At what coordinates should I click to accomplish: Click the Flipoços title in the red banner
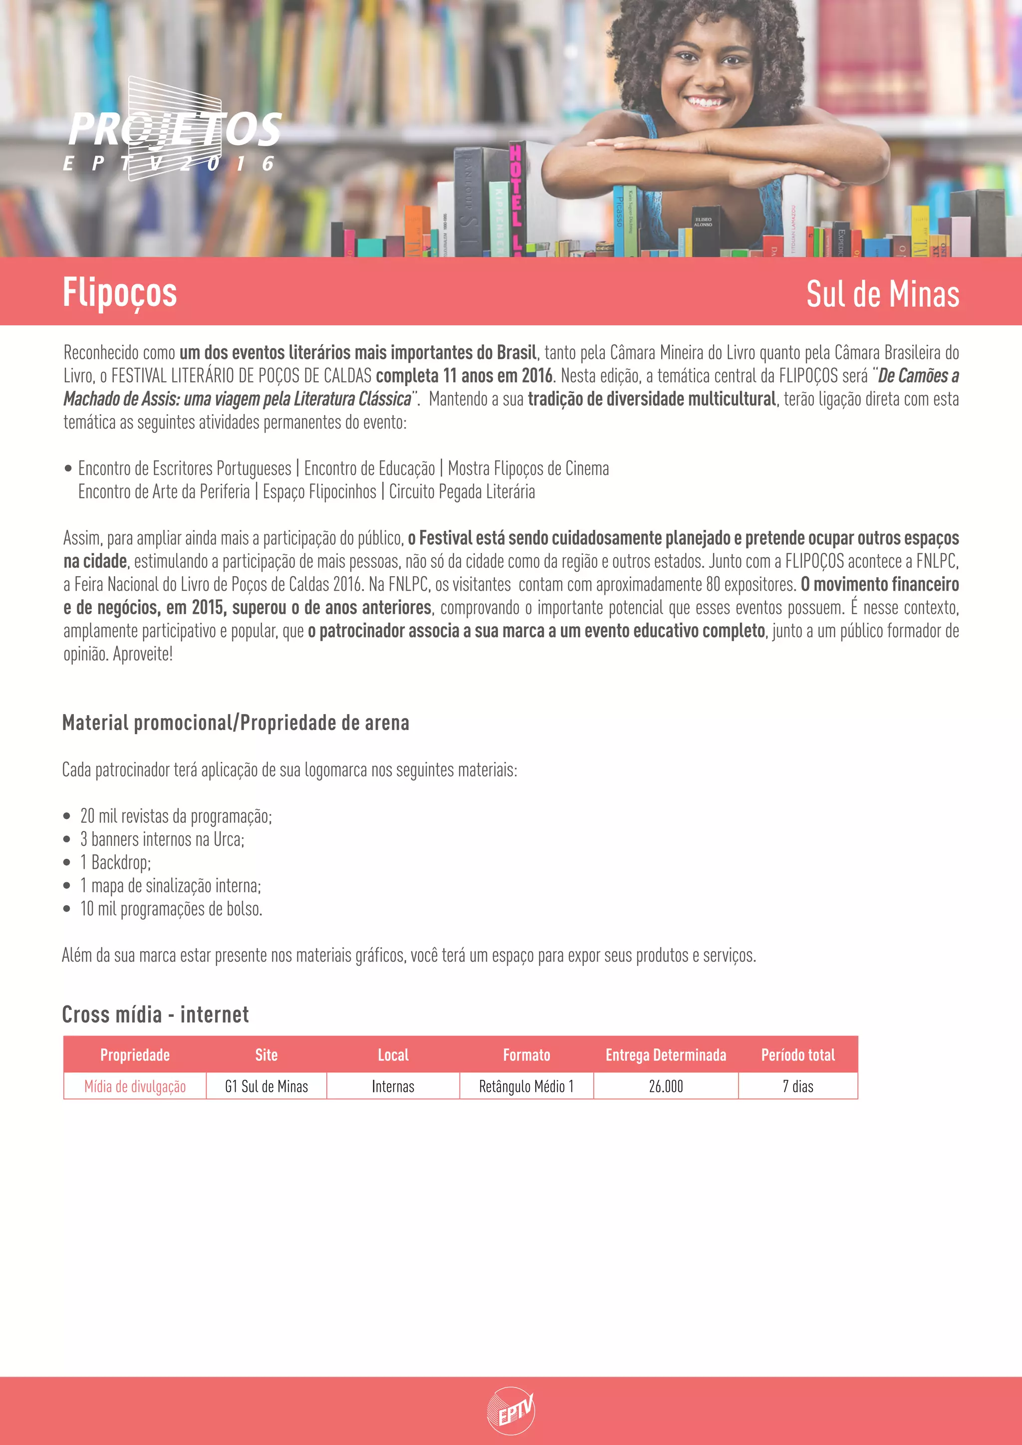120,293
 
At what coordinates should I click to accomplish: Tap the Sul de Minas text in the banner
882,294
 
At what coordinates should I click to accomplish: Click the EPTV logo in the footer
511,1411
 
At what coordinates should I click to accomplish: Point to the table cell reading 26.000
666,1086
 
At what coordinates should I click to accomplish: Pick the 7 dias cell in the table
798,1086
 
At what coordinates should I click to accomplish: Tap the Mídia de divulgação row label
135,1086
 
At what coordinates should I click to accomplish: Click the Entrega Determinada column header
666,1055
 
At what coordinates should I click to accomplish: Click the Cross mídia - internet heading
155,1014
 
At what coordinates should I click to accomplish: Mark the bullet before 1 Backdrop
67,863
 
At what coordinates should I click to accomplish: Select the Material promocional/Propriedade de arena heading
236,722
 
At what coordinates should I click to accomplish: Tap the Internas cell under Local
393,1086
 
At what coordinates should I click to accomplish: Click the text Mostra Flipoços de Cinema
528,468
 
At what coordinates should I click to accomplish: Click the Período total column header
798,1055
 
